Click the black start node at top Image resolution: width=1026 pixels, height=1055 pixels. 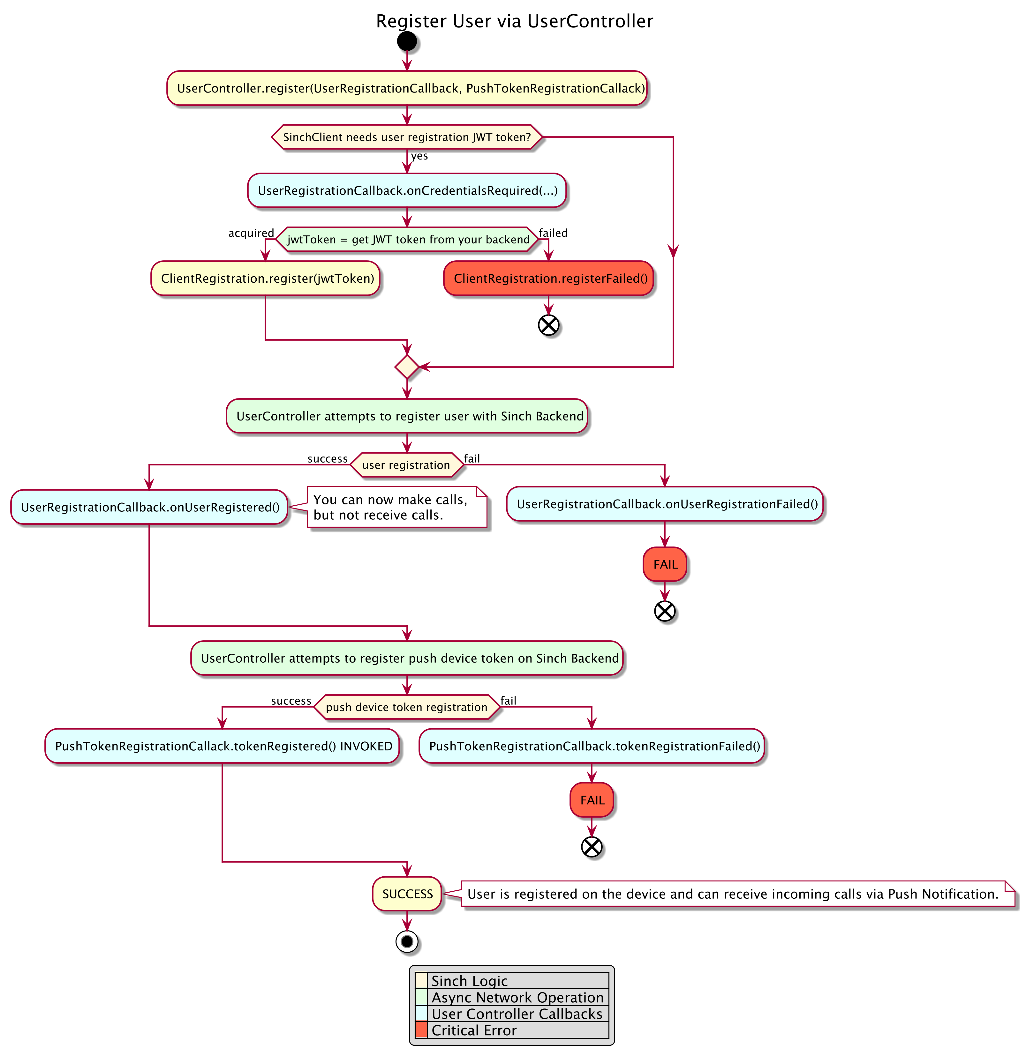[x=407, y=41]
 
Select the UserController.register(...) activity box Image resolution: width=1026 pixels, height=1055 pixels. [x=407, y=88]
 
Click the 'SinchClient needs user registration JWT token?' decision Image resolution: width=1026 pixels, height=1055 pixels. [x=407, y=137]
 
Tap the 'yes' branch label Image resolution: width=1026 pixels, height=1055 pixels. [x=419, y=156]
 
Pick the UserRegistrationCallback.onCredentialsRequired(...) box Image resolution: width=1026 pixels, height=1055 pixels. [x=407, y=191]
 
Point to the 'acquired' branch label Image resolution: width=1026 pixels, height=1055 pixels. [x=251, y=233]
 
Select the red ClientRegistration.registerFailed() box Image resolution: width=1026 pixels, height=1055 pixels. [x=548, y=279]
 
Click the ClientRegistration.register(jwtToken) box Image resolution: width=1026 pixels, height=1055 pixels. [x=266, y=279]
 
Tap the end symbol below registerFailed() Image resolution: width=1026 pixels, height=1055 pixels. [x=548, y=325]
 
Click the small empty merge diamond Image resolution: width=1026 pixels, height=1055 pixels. [x=407, y=367]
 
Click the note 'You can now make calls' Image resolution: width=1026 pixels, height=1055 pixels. [x=396, y=507]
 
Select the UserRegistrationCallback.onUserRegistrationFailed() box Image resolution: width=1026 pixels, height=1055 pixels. [x=665, y=504]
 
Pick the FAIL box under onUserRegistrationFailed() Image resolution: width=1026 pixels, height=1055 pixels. [x=665, y=564]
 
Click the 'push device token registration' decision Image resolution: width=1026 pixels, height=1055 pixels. [x=407, y=707]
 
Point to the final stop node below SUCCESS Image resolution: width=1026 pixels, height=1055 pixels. [x=407, y=942]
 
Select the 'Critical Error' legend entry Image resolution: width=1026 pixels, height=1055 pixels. [x=474, y=1030]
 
